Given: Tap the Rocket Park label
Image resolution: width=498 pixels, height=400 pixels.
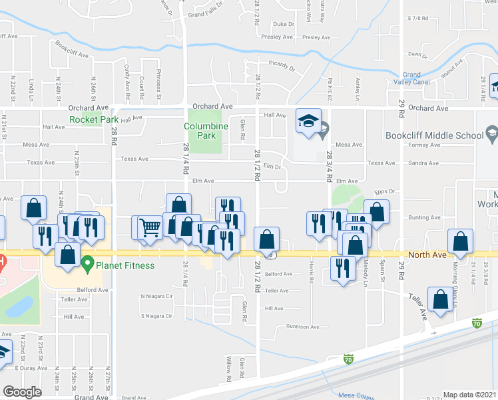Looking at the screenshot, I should pos(89,120).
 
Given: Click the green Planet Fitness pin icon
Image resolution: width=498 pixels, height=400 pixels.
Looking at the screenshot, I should pos(87,265).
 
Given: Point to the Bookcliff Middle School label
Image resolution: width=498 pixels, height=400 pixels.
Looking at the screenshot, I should pos(433,135).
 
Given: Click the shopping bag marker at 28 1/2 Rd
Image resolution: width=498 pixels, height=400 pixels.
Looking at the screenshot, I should pos(266,239).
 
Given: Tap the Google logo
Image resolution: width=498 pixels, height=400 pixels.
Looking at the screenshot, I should pos(22,392).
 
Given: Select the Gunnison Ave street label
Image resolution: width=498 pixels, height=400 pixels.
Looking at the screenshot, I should pos(303,327).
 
